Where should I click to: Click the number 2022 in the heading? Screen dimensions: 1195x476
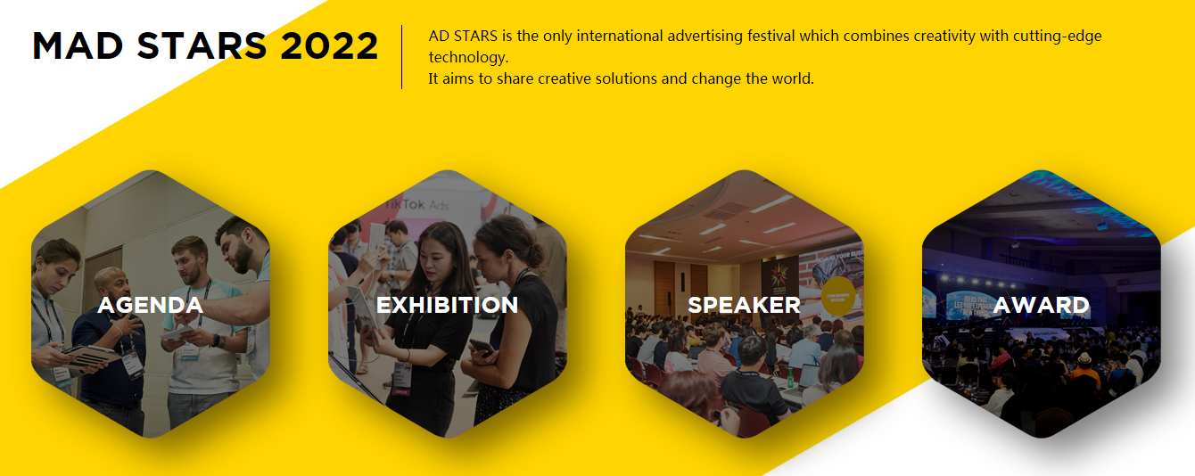point(329,45)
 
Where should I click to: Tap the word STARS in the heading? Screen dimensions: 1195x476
point(202,45)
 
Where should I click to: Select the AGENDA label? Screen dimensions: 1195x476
point(150,305)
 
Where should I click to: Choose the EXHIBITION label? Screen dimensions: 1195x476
point(447,305)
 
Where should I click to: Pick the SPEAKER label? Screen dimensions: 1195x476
point(744,305)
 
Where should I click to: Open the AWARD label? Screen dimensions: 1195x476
point(1041,305)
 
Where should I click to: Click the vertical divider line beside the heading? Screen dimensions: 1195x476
point(401,56)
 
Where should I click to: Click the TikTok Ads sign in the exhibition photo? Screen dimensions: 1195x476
point(416,205)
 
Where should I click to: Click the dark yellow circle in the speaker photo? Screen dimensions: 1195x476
point(837,296)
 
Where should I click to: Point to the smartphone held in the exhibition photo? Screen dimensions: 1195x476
point(482,348)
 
